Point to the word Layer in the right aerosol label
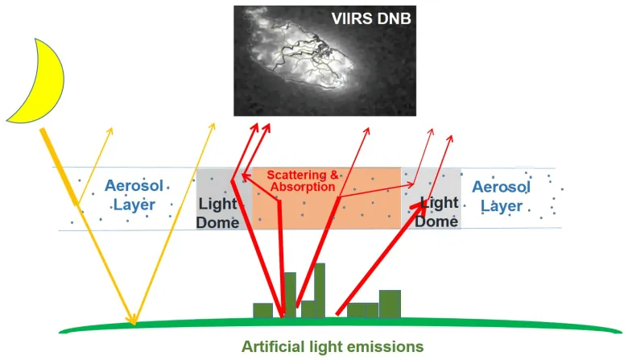coord(501,206)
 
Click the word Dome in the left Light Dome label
coord(217,219)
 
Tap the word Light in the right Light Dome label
coord(440,202)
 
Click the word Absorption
coord(303,187)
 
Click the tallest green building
coord(320,290)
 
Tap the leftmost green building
coord(262,310)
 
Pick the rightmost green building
coord(390,303)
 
